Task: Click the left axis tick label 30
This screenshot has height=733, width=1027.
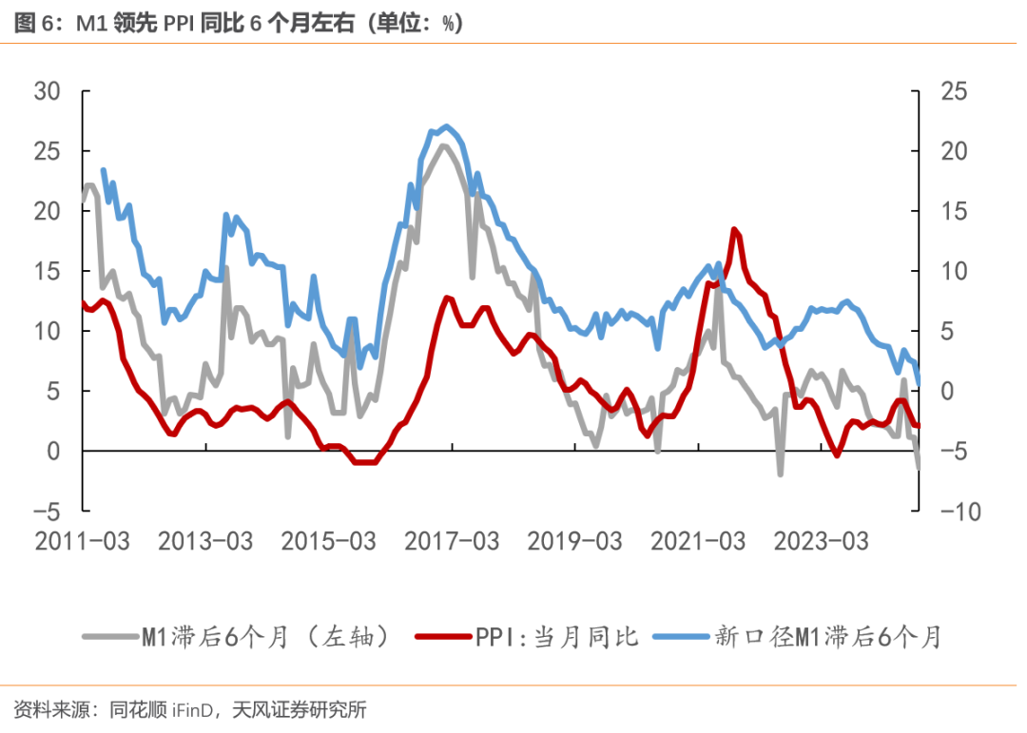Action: pyautogui.click(x=48, y=92)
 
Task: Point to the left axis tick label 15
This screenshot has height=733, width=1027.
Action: pyautogui.click(x=48, y=272)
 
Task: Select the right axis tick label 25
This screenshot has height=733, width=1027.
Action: pyautogui.click(x=955, y=92)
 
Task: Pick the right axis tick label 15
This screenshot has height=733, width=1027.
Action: pyautogui.click(x=955, y=212)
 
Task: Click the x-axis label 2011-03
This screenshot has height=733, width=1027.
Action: pyautogui.click(x=83, y=542)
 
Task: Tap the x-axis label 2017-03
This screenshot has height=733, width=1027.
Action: pyautogui.click(x=452, y=542)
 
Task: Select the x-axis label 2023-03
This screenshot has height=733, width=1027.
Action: pyautogui.click(x=821, y=542)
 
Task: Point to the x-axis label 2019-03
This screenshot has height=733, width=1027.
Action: pyautogui.click(x=574, y=542)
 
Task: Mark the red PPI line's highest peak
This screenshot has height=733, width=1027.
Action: pyautogui.click(x=734, y=229)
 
